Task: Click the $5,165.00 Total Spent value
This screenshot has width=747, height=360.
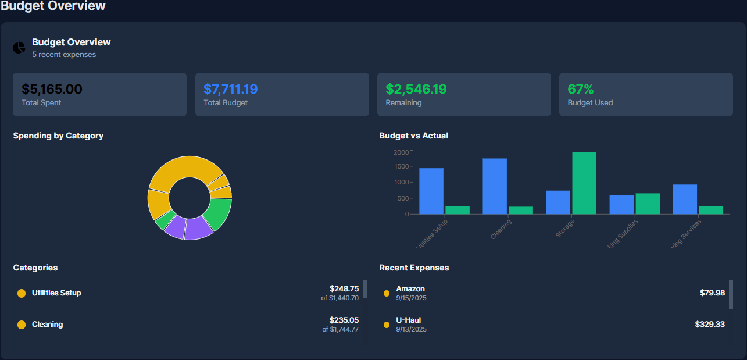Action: point(52,89)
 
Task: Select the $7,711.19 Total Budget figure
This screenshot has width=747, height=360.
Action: point(230,89)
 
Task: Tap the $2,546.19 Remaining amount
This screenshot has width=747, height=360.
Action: point(416,89)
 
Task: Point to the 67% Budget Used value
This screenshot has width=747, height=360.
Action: point(580,89)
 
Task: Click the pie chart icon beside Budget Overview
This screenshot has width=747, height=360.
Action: point(19,48)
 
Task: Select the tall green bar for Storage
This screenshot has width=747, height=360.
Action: point(584,183)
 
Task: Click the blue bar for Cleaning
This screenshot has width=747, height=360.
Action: point(494,186)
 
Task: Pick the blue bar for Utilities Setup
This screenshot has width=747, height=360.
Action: point(431,191)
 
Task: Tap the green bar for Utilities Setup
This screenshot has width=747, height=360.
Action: point(457,210)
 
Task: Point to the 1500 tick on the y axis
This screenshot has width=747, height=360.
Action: point(401,166)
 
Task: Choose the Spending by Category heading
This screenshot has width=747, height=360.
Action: point(58,136)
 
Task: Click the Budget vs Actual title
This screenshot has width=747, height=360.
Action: point(413,136)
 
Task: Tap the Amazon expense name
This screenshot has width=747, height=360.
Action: point(410,288)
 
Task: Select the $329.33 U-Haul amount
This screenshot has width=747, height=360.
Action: point(709,324)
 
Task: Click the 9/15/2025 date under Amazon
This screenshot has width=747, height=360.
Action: point(411,298)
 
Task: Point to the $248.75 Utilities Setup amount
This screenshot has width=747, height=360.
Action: point(344,288)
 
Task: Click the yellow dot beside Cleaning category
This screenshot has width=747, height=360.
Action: point(22,325)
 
